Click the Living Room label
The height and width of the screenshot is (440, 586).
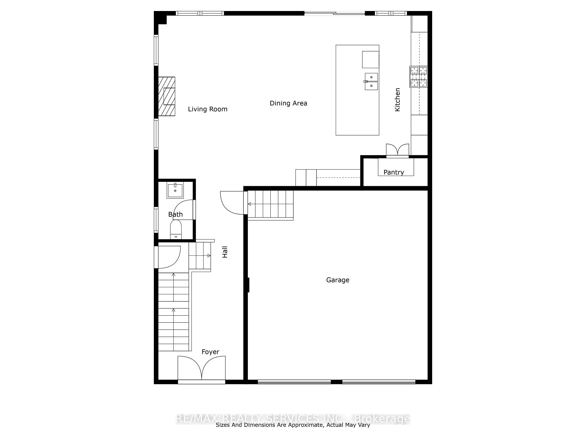(x=208, y=109)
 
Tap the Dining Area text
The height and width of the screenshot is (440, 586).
(x=288, y=103)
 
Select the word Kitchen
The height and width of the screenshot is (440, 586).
(x=397, y=100)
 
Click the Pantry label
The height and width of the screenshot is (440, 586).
(x=393, y=172)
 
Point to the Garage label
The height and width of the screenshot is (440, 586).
(x=338, y=280)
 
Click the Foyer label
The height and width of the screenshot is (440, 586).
(x=210, y=352)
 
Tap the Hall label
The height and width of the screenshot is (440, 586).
(x=225, y=252)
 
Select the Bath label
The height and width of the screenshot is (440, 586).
(x=175, y=215)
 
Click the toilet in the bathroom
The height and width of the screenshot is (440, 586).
(x=176, y=230)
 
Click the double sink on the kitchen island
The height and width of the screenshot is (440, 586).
(x=371, y=82)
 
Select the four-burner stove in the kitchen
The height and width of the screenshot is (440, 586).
(x=418, y=76)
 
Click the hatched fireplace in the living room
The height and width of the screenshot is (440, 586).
(x=167, y=96)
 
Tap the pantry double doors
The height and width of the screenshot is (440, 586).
(x=397, y=150)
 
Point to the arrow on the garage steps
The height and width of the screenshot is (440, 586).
(x=249, y=204)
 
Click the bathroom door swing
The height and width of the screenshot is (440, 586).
(x=183, y=210)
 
